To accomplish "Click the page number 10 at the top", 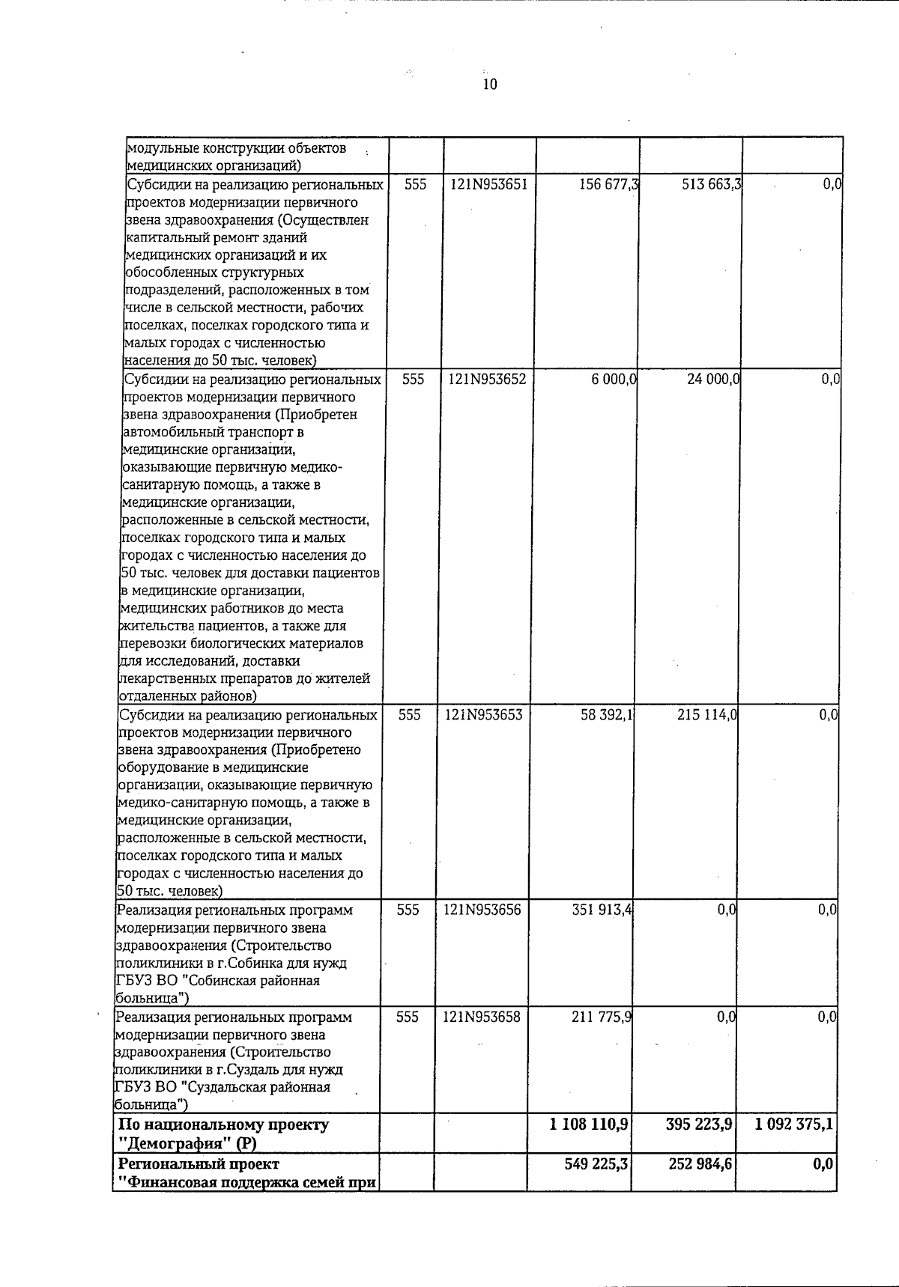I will pos(489,84).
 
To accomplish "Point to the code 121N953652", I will pos(487,380).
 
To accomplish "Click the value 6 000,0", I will pos(614,380).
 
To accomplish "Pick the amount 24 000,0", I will pos(713,380).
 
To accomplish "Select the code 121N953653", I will pos(484,715).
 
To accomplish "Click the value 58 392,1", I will pos(607,715).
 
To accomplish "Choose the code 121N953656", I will pos(482,910).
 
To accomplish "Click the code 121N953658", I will pos(482,1017).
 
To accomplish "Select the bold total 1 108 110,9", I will pos(588,1125).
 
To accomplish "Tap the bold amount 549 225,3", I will pos(596,1165).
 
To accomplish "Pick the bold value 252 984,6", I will pos(698,1165).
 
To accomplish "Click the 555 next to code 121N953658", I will pos(407,1017).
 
